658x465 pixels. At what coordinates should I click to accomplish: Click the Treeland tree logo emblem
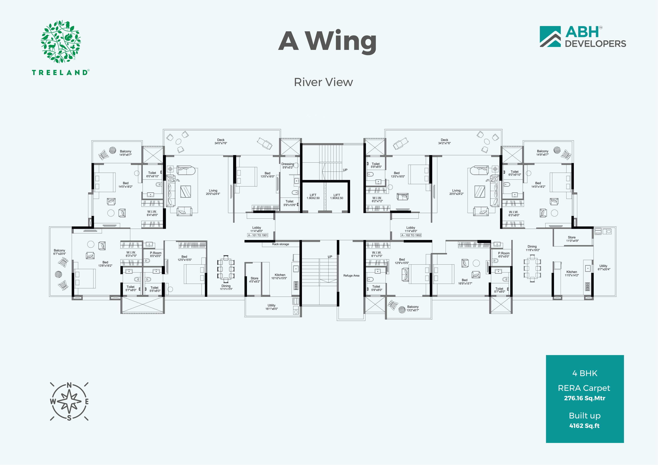[x=61, y=42]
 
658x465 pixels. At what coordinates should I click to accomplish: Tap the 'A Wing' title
[x=327, y=42]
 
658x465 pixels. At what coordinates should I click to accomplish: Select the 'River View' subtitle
[x=323, y=82]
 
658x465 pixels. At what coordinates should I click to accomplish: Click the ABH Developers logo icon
[x=550, y=37]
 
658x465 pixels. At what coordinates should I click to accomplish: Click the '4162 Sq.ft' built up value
[x=584, y=426]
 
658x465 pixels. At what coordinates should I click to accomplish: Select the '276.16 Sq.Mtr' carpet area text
[x=585, y=398]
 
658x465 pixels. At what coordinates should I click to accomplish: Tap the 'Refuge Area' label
[x=351, y=276]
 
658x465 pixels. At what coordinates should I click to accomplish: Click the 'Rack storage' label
[x=281, y=244]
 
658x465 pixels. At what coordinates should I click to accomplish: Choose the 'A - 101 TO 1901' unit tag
[x=258, y=235]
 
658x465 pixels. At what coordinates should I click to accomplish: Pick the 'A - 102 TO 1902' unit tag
[x=411, y=235]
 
